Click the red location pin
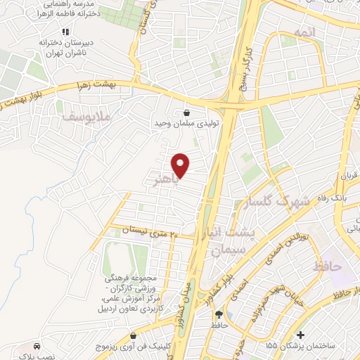point(181,165)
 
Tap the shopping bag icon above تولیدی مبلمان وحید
point(186,112)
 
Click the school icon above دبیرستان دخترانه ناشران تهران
point(65,32)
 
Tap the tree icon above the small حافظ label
point(218,314)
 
